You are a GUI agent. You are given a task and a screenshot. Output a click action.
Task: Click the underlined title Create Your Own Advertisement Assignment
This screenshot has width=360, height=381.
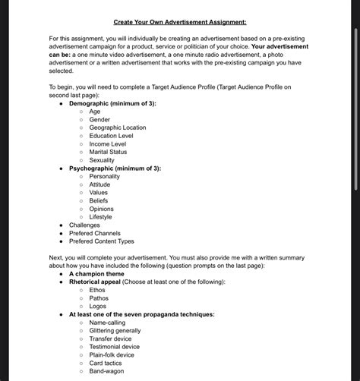[180, 22]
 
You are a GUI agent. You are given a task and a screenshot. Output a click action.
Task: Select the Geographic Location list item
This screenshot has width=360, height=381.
[117, 128]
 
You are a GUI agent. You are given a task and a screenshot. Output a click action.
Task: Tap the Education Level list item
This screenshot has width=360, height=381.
[111, 136]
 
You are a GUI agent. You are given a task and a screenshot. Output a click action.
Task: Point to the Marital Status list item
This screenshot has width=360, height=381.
[108, 152]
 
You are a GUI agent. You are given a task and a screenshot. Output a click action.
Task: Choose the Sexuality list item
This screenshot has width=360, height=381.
[102, 160]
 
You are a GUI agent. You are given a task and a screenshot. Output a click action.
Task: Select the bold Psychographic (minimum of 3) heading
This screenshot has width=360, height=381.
[115, 168]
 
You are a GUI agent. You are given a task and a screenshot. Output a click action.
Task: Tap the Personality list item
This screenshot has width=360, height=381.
[104, 176]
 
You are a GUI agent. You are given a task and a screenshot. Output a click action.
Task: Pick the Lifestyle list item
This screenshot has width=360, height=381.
[100, 216]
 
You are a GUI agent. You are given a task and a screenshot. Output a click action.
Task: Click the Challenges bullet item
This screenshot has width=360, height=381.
[84, 225]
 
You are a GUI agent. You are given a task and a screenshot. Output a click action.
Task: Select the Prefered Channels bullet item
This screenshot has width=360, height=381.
[94, 233]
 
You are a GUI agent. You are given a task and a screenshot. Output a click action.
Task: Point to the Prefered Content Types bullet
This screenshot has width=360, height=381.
[101, 241]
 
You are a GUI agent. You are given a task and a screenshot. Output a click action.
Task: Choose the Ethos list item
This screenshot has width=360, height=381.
[97, 290]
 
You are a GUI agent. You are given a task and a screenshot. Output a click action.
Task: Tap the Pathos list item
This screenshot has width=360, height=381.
[99, 298]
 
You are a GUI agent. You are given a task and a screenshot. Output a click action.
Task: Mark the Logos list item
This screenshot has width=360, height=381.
[98, 306]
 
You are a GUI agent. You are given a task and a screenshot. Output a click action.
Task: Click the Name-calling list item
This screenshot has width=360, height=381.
[107, 323]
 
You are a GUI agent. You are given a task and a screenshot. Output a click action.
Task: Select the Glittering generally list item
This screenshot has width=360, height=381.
[115, 330]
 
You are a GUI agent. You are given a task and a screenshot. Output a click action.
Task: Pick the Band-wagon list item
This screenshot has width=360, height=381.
[106, 371]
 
